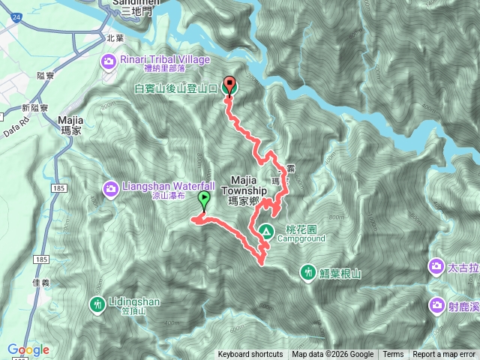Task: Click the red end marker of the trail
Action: click(x=229, y=85)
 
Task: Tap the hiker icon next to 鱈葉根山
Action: click(x=307, y=272)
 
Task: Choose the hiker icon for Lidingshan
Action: click(x=97, y=304)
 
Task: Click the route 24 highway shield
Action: click(x=16, y=25)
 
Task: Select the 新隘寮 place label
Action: click(x=35, y=108)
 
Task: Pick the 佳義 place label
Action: click(x=41, y=283)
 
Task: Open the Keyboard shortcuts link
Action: click(x=250, y=355)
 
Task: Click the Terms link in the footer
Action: click(x=393, y=355)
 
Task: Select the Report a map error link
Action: click(x=444, y=355)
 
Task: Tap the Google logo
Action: click(x=28, y=349)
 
